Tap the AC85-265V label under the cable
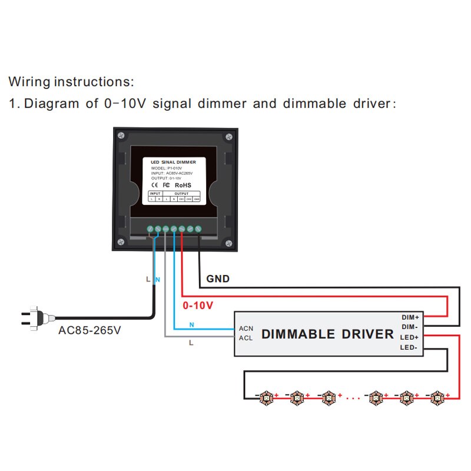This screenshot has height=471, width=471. pos(89,330)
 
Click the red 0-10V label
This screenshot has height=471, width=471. pos(198,306)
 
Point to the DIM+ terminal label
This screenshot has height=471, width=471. pos(410,317)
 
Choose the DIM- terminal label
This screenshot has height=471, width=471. pos(410,327)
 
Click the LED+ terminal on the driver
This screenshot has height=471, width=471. pos(410,337)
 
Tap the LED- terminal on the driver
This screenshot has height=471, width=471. pos(410,348)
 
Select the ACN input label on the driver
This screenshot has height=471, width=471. pos(246,328)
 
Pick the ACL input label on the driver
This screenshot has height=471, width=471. pos(246,338)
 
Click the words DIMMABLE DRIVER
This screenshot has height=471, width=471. pos(327,334)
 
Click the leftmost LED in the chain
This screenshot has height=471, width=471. pos(266,398)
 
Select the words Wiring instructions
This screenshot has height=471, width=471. pos(71,81)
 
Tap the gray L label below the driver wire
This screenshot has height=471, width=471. pos(191,342)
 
